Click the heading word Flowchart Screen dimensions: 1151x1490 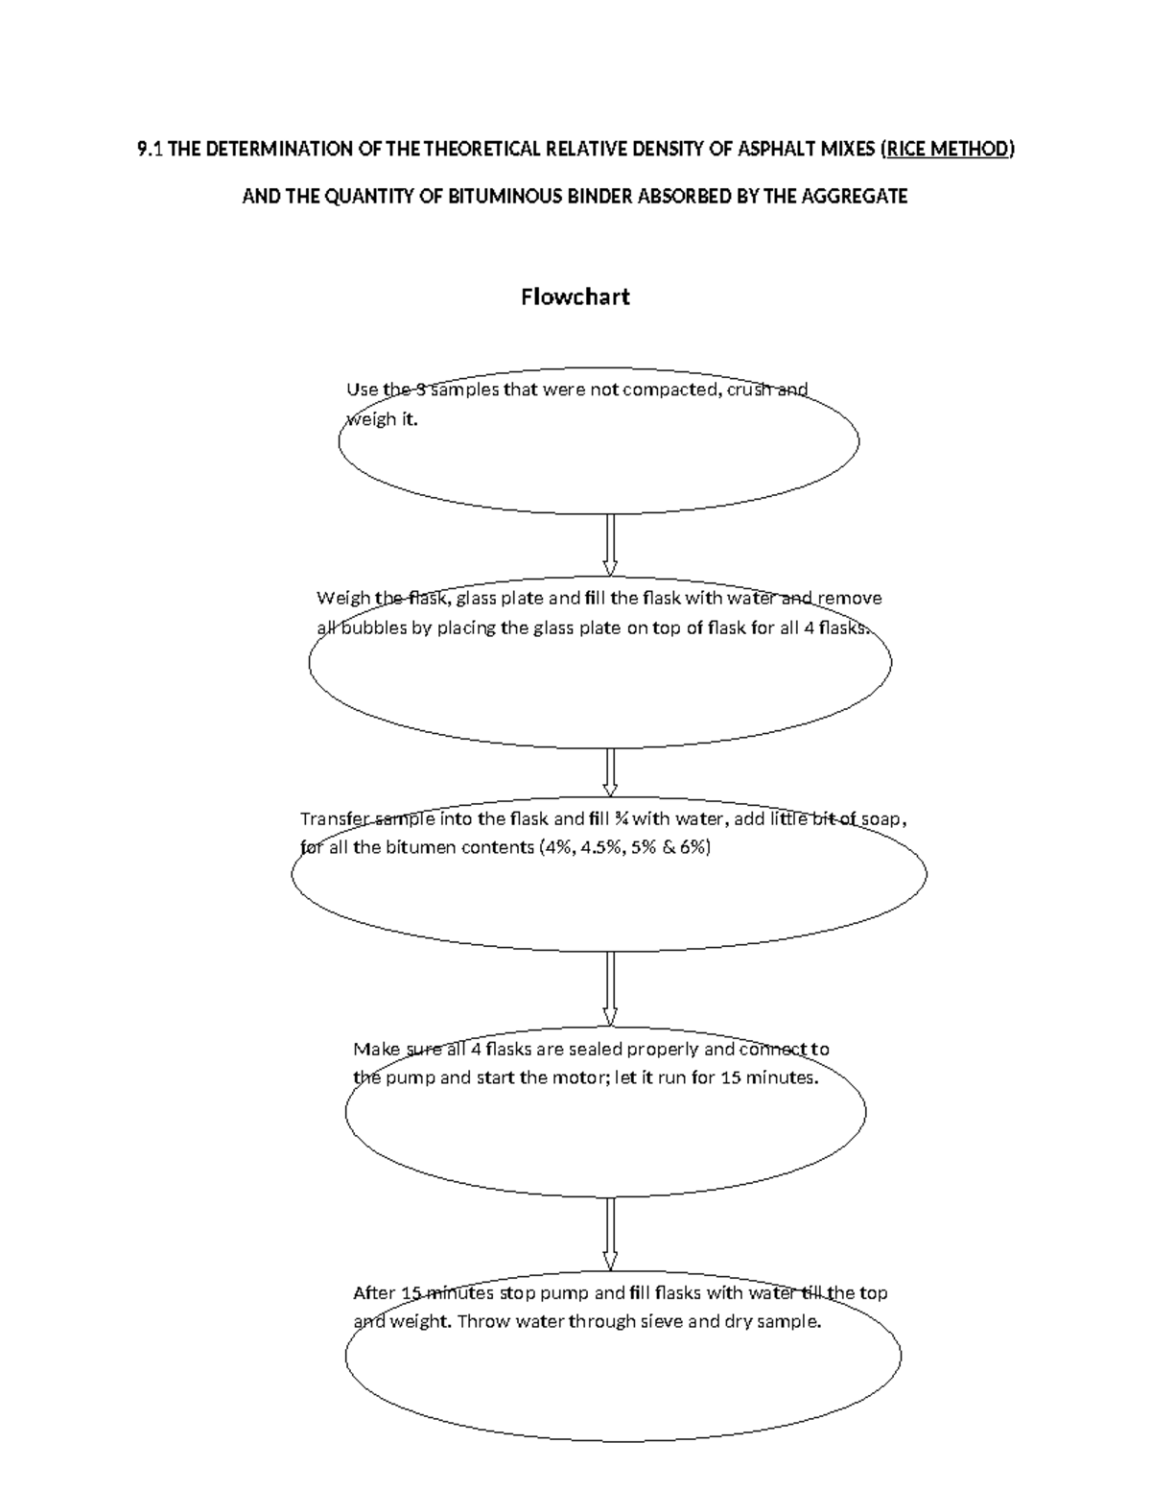(x=575, y=296)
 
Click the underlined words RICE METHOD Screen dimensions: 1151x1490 (x=948, y=150)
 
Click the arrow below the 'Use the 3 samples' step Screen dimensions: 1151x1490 (x=609, y=544)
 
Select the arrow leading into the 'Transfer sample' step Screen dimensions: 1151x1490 (x=609, y=772)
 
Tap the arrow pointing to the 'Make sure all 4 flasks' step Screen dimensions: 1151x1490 (x=609, y=989)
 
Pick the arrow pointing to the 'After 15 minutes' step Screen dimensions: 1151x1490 (x=609, y=1234)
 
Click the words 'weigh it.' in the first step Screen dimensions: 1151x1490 (x=382, y=420)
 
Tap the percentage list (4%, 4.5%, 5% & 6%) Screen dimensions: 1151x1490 (x=625, y=848)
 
